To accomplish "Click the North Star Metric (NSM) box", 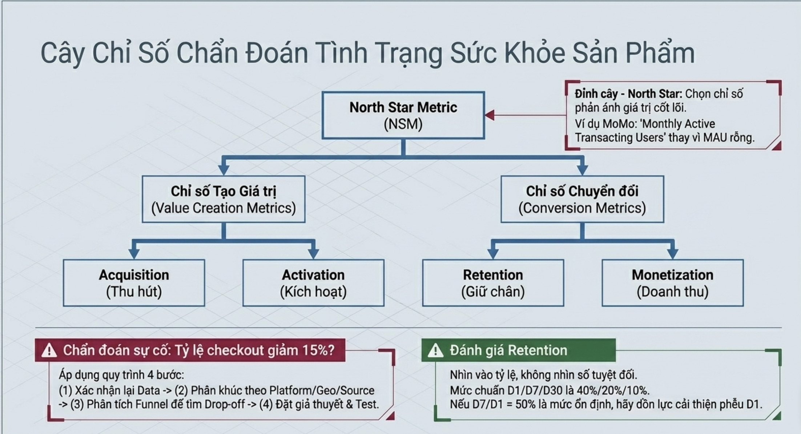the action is (403, 115).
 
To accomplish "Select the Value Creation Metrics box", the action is (224, 199).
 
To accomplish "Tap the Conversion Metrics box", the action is (582, 199).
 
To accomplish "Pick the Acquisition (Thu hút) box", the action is (134, 283).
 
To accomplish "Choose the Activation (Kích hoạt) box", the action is (313, 283).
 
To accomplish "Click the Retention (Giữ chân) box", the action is (493, 283).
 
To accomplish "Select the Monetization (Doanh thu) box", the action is (672, 283).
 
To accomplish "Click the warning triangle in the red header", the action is (49, 351).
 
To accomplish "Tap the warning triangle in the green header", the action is (435, 351).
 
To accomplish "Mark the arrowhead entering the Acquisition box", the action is (134, 253).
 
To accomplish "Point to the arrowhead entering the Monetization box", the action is (672, 253).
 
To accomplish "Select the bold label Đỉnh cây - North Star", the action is (628, 94).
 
